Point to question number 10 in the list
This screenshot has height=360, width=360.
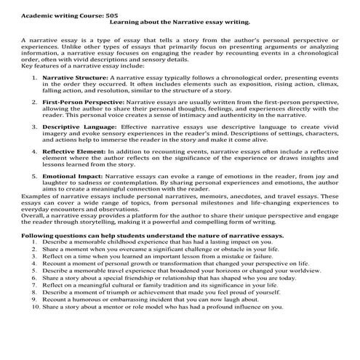pyautogui.click(x=36, y=307)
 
